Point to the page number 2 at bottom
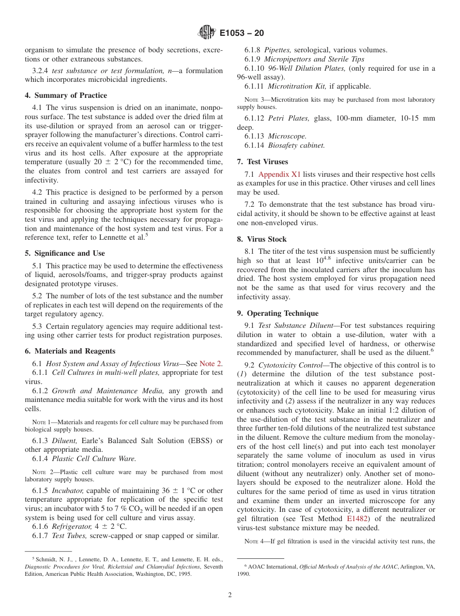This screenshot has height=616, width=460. pos(230,595)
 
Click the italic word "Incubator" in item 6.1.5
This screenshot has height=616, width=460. pos(68,491)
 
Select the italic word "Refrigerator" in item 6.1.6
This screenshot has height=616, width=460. pos(72,526)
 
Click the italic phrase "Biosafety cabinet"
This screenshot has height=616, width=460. pos(296,145)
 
